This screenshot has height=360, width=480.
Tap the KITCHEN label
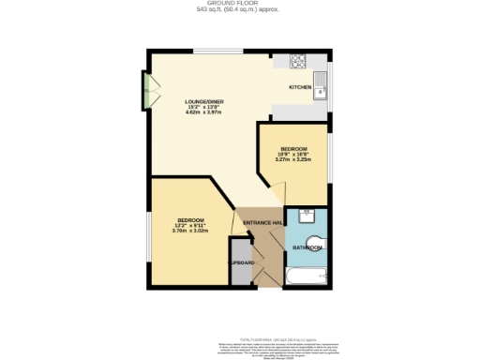tap(300, 87)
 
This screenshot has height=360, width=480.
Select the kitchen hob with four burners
tap(299, 63)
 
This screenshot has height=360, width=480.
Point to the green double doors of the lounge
tap(146, 90)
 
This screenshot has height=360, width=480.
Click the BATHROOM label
tap(307, 247)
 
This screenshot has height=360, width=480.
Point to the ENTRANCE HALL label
tap(262, 222)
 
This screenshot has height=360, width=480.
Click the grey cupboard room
tap(241, 262)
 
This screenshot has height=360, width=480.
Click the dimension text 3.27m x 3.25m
tap(292, 159)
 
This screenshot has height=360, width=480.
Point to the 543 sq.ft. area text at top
tap(239, 11)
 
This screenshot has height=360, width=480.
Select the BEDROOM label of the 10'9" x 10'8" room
tap(292, 148)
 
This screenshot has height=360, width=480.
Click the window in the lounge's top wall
tap(217, 51)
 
